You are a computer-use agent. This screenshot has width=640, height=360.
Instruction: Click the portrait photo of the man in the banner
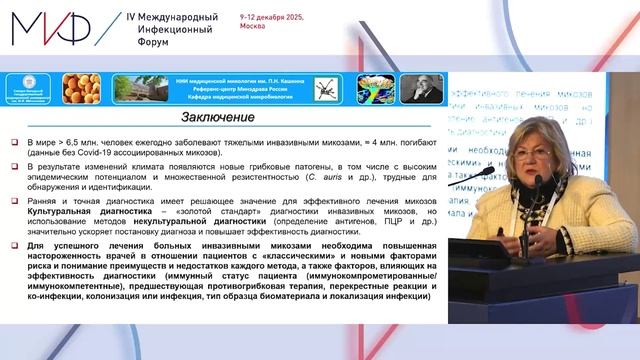[x=420, y=89]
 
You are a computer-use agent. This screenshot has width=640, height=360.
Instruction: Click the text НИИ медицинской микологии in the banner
[x=271, y=78]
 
